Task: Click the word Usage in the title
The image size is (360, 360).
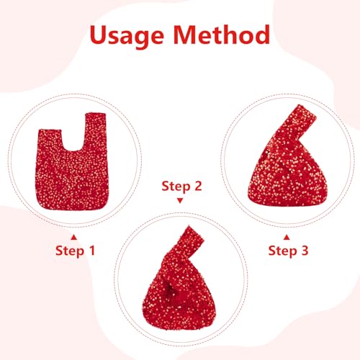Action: coord(127,36)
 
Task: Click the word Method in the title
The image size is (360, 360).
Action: coord(222,35)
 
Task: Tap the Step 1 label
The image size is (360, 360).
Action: coord(75,251)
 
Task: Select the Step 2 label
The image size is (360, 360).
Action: coord(181,186)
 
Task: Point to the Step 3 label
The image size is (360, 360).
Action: coord(288,251)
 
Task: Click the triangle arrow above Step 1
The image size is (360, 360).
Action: coord(74,238)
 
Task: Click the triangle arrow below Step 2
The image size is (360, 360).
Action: coord(180,200)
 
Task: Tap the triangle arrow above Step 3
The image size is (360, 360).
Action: coord(287,238)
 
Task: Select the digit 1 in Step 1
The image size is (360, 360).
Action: coord(92,251)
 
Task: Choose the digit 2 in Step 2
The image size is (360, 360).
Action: coord(198,186)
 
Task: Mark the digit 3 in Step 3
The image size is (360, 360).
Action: coord(305,251)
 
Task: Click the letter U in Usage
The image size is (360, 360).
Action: coord(99,35)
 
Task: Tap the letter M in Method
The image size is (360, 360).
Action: coord(185,35)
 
